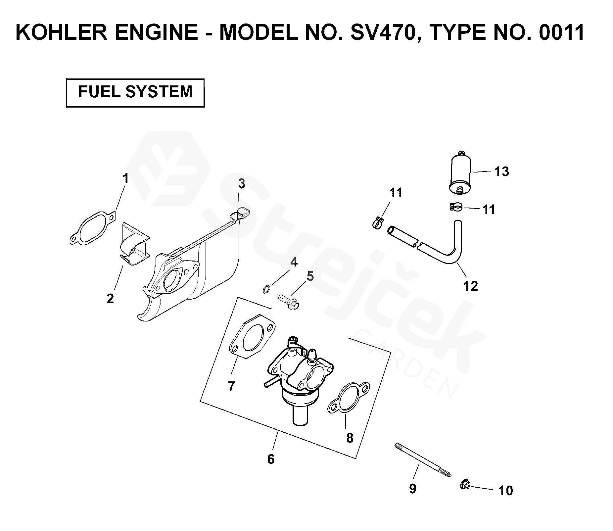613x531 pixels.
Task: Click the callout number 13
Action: [x=501, y=171]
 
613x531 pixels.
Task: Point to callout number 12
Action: [x=471, y=286]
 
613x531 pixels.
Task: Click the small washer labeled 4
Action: [x=265, y=290]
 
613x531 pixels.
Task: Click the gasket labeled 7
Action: [x=252, y=337]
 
